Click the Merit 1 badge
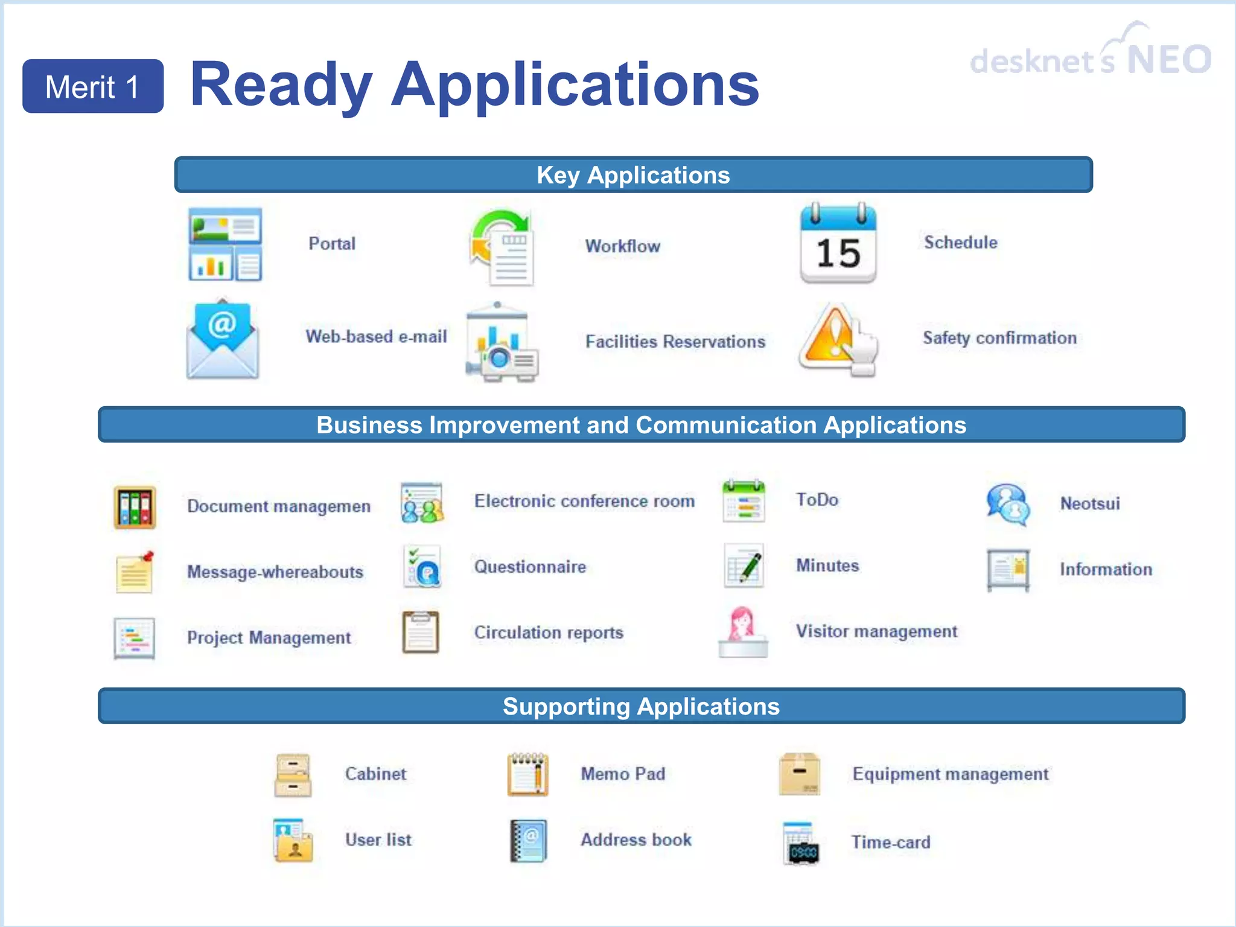click(x=93, y=86)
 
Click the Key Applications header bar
click(x=633, y=175)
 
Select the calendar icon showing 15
click(x=838, y=244)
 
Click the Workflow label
click(x=622, y=246)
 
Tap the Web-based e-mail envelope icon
click(x=223, y=340)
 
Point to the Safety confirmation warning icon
click(x=836, y=340)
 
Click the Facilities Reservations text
click(x=675, y=342)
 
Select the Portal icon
click(x=225, y=244)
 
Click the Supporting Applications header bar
click(x=641, y=706)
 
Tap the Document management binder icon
click(x=135, y=508)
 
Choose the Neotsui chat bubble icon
click(x=1007, y=504)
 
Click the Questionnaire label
click(x=530, y=567)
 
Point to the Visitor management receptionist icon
click(x=743, y=632)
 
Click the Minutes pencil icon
click(x=744, y=566)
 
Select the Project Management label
click(x=269, y=638)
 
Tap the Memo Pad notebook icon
click(x=527, y=774)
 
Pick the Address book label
click(x=636, y=839)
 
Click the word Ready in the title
click(x=281, y=86)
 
